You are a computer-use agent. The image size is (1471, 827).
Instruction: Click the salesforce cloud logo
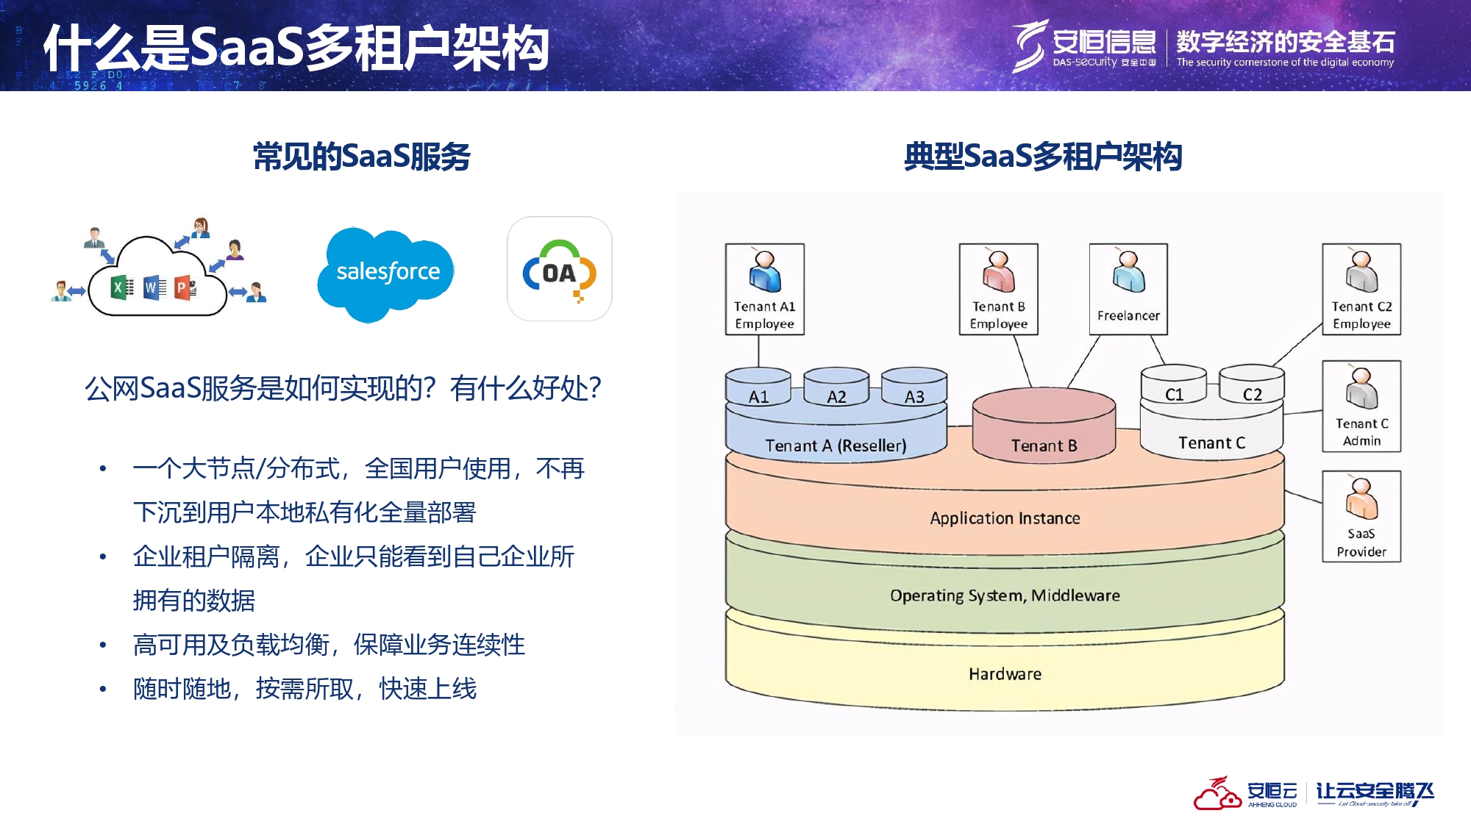pyautogui.click(x=387, y=273)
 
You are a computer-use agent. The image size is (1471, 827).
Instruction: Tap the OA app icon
pyautogui.click(x=559, y=269)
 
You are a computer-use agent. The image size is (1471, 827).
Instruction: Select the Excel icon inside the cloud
pyautogui.click(x=122, y=287)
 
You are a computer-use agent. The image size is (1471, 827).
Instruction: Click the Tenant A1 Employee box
pyautogui.click(x=764, y=289)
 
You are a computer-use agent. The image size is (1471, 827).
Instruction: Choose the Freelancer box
pyautogui.click(x=1128, y=289)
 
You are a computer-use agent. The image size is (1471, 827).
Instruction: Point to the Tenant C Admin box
pyautogui.click(x=1361, y=406)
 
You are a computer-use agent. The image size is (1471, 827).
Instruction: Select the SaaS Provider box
pyautogui.click(x=1361, y=516)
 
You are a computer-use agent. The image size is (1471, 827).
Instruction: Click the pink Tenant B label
pyautogui.click(x=1044, y=445)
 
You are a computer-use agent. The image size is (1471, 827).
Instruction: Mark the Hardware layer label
pyautogui.click(x=1005, y=674)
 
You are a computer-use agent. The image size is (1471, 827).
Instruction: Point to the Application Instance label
pyautogui.click(x=1005, y=518)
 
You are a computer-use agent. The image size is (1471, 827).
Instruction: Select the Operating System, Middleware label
pyautogui.click(x=1005, y=595)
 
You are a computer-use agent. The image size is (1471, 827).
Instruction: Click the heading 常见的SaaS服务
pyautogui.click(x=361, y=157)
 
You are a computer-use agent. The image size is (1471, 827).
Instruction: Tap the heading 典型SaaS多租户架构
pyautogui.click(x=1042, y=157)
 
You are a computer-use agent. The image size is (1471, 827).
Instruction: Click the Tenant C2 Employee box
pyautogui.click(x=1361, y=289)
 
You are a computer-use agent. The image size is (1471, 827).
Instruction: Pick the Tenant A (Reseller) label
pyautogui.click(x=836, y=445)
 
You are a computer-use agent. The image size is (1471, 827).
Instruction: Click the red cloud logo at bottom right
pyautogui.click(x=1217, y=794)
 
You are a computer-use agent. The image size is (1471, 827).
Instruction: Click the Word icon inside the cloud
pyautogui.click(x=154, y=287)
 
